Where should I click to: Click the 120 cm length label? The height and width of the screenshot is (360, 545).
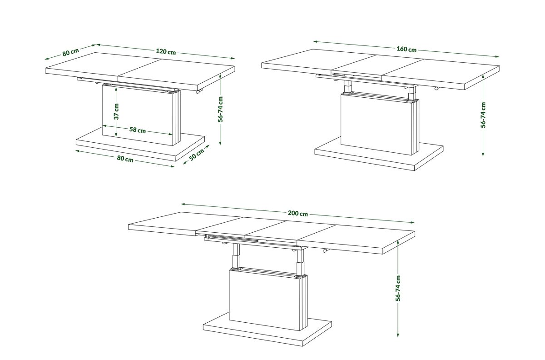[x=166, y=52]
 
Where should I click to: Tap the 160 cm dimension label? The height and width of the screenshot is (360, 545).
[x=406, y=49]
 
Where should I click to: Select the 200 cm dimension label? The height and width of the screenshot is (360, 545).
[x=298, y=213]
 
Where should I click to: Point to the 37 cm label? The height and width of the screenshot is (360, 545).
[x=117, y=111]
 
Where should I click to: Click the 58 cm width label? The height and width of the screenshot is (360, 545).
[x=138, y=130]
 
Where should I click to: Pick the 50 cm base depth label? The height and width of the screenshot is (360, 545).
[x=197, y=155]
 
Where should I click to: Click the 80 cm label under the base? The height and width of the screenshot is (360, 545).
[x=125, y=159]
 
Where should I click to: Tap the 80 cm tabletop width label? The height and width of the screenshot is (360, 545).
[x=70, y=52]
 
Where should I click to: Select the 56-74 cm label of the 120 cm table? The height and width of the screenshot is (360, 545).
[x=220, y=109]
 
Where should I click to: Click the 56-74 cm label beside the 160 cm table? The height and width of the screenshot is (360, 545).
[x=483, y=115]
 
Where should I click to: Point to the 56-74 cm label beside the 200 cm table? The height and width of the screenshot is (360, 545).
[x=398, y=288]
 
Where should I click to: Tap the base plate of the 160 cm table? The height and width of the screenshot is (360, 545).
[x=379, y=155]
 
